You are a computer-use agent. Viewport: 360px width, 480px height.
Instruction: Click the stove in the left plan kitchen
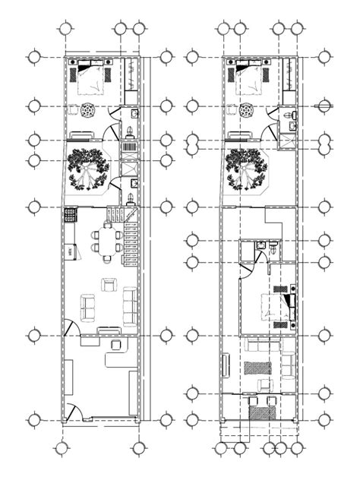[x=70, y=215]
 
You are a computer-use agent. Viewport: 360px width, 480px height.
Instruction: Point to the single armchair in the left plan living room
[x=109, y=284]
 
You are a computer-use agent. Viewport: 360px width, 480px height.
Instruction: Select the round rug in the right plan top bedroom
[x=246, y=111]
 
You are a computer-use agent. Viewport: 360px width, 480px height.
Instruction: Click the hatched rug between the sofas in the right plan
[x=258, y=367]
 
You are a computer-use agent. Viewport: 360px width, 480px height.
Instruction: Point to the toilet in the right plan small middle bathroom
[x=261, y=245]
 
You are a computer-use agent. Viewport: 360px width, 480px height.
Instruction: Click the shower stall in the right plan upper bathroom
[x=287, y=140]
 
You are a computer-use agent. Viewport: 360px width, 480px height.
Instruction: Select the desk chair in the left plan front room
[x=118, y=346]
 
